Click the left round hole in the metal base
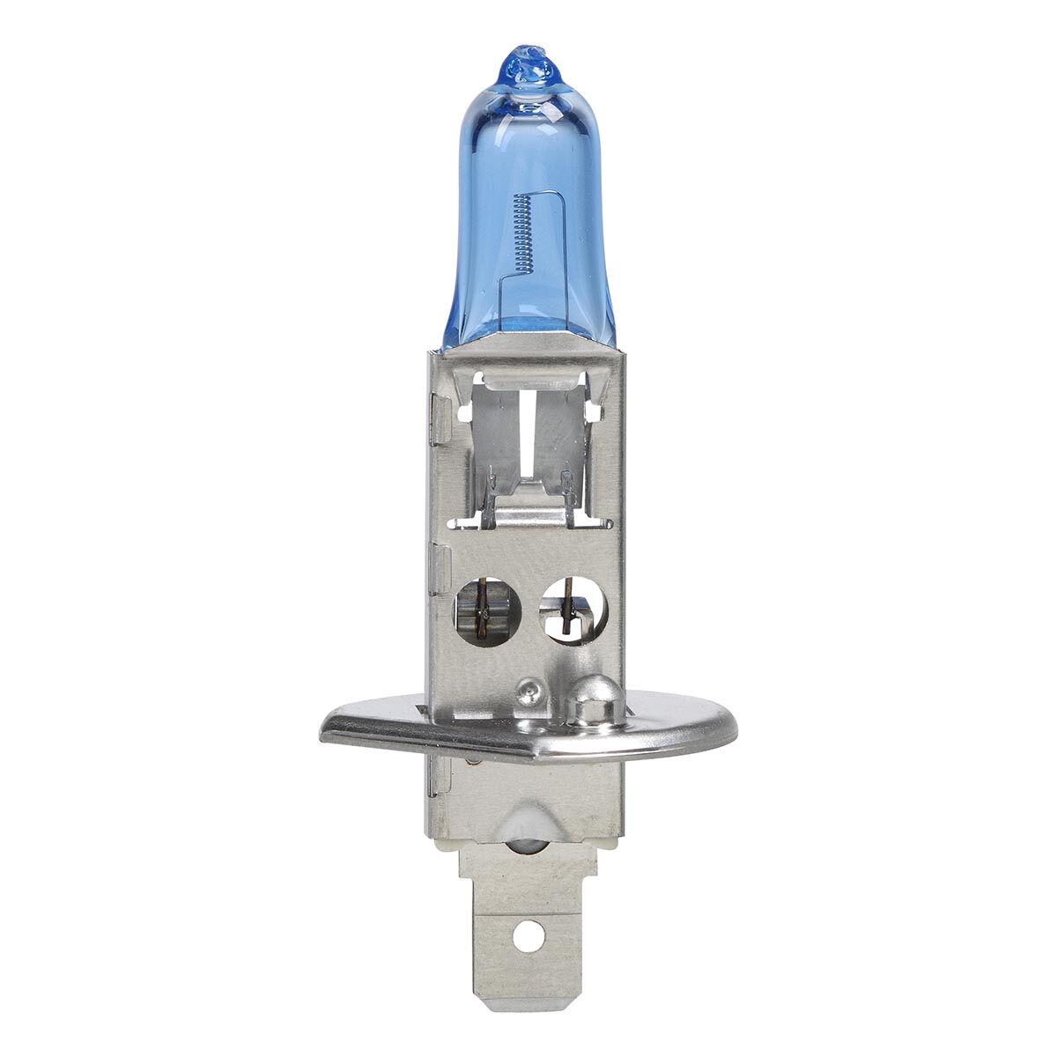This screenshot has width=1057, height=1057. (x=487, y=610)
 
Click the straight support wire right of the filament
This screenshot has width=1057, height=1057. (x=562, y=255)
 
